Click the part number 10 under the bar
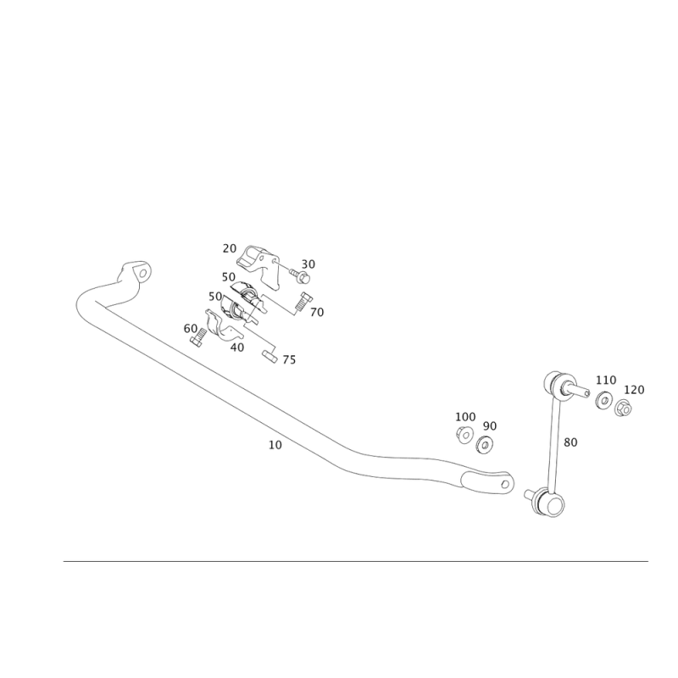click(274, 444)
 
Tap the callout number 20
click(229, 248)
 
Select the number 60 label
click(190, 327)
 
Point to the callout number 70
click(317, 313)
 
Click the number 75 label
click(289, 362)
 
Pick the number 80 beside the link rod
click(570, 442)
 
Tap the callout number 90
click(489, 425)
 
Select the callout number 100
click(466, 417)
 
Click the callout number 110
click(606, 379)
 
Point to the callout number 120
click(635, 390)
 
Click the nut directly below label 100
click(464, 435)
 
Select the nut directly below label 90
click(485, 442)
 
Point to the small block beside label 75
click(270, 354)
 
